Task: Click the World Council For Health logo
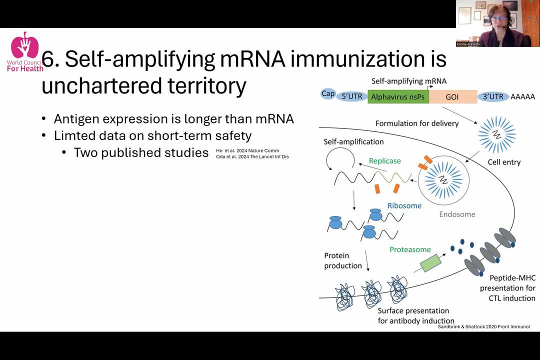pos(24,52)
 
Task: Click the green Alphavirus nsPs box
pos(398,96)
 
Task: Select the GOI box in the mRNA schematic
pos(452,96)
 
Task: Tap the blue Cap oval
pos(328,93)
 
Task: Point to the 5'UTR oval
pos(352,96)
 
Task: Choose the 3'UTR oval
pos(493,96)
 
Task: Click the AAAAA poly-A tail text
pos(522,96)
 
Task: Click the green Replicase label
pos(384,161)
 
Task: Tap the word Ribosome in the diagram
pos(404,205)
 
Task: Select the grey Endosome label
pos(457,214)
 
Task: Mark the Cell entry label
pos(504,162)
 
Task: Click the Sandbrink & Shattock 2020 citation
pos(483,326)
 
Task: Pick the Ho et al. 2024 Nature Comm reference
pos(247,150)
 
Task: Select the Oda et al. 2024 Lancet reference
pos(252,157)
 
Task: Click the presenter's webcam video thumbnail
pos(497,23)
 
